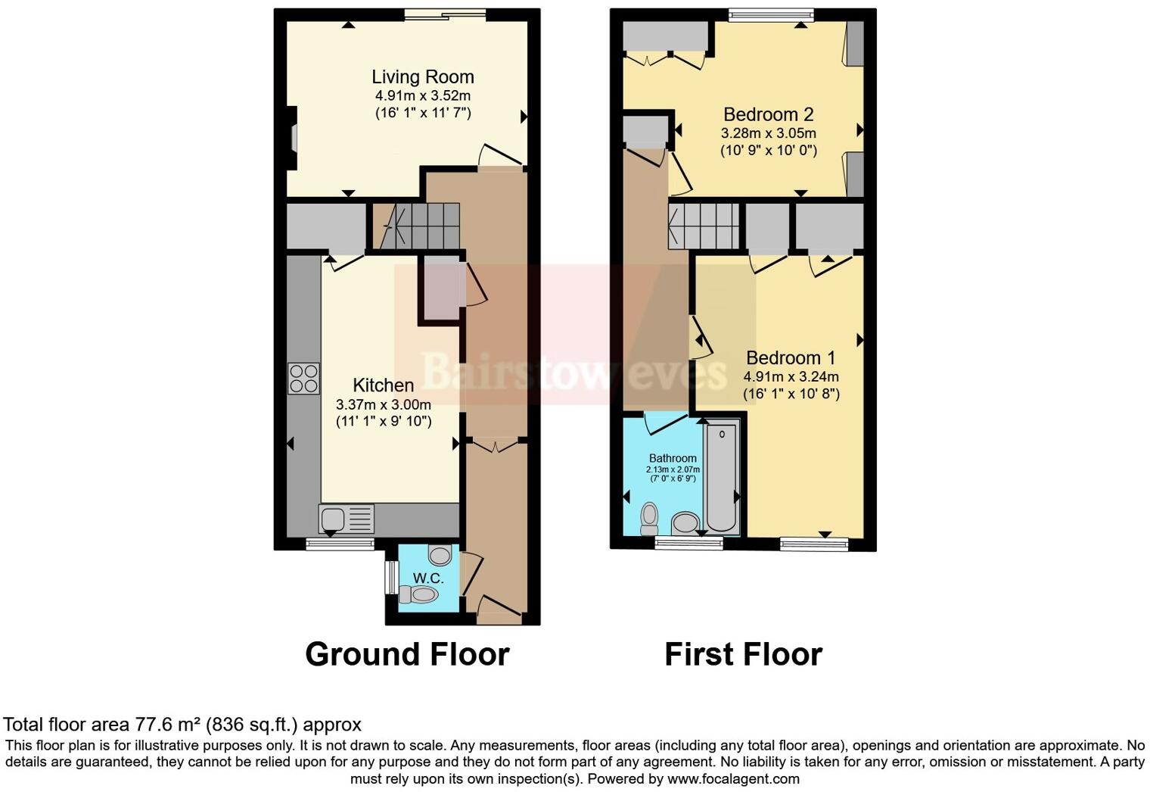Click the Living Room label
422,76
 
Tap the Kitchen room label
383,385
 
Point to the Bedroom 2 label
768,114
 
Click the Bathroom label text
673,458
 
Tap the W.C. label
427,578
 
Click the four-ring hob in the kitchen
303,379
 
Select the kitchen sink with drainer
347,519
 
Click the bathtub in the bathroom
720,477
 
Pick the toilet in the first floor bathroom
649,518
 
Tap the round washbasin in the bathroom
685,523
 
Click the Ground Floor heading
407,654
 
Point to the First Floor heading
743,654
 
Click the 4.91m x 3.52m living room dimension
422,96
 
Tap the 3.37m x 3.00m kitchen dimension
383,404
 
